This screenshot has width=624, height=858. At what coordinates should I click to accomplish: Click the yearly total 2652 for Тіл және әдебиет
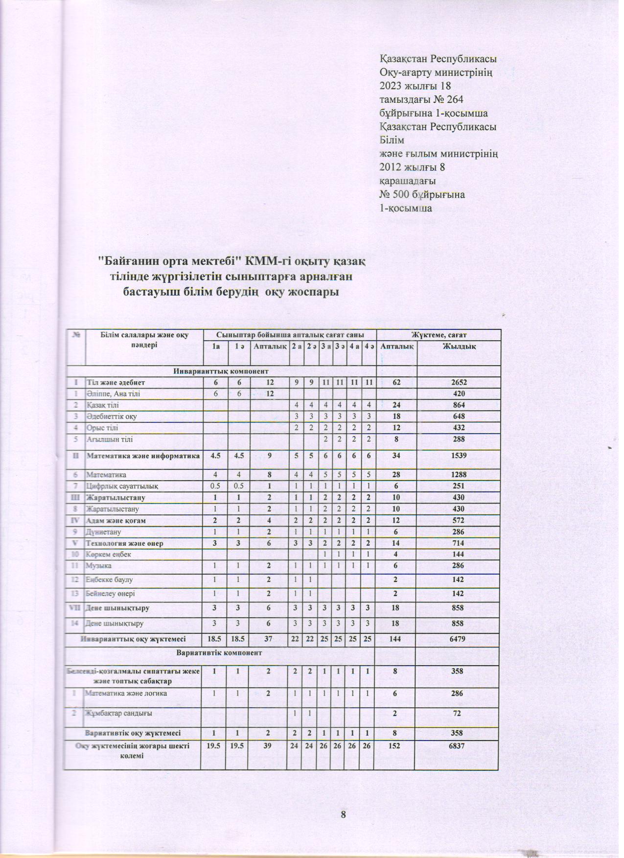pos(459,382)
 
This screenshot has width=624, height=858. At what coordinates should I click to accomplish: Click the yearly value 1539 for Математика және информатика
pos(459,456)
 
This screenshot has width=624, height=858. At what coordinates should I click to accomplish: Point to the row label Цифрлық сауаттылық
pos(122,486)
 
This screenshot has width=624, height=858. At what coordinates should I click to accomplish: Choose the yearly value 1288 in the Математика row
pos(459,474)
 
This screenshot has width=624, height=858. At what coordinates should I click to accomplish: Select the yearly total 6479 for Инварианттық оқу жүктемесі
pos(459,639)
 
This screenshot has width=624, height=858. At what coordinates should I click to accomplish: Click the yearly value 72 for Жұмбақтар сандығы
pos(458,713)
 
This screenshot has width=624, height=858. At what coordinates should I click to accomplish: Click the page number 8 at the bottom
pos(343,814)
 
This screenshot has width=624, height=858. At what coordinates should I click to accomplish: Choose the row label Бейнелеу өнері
pos(111,593)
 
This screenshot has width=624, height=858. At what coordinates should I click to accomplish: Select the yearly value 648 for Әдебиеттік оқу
pos(459,417)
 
